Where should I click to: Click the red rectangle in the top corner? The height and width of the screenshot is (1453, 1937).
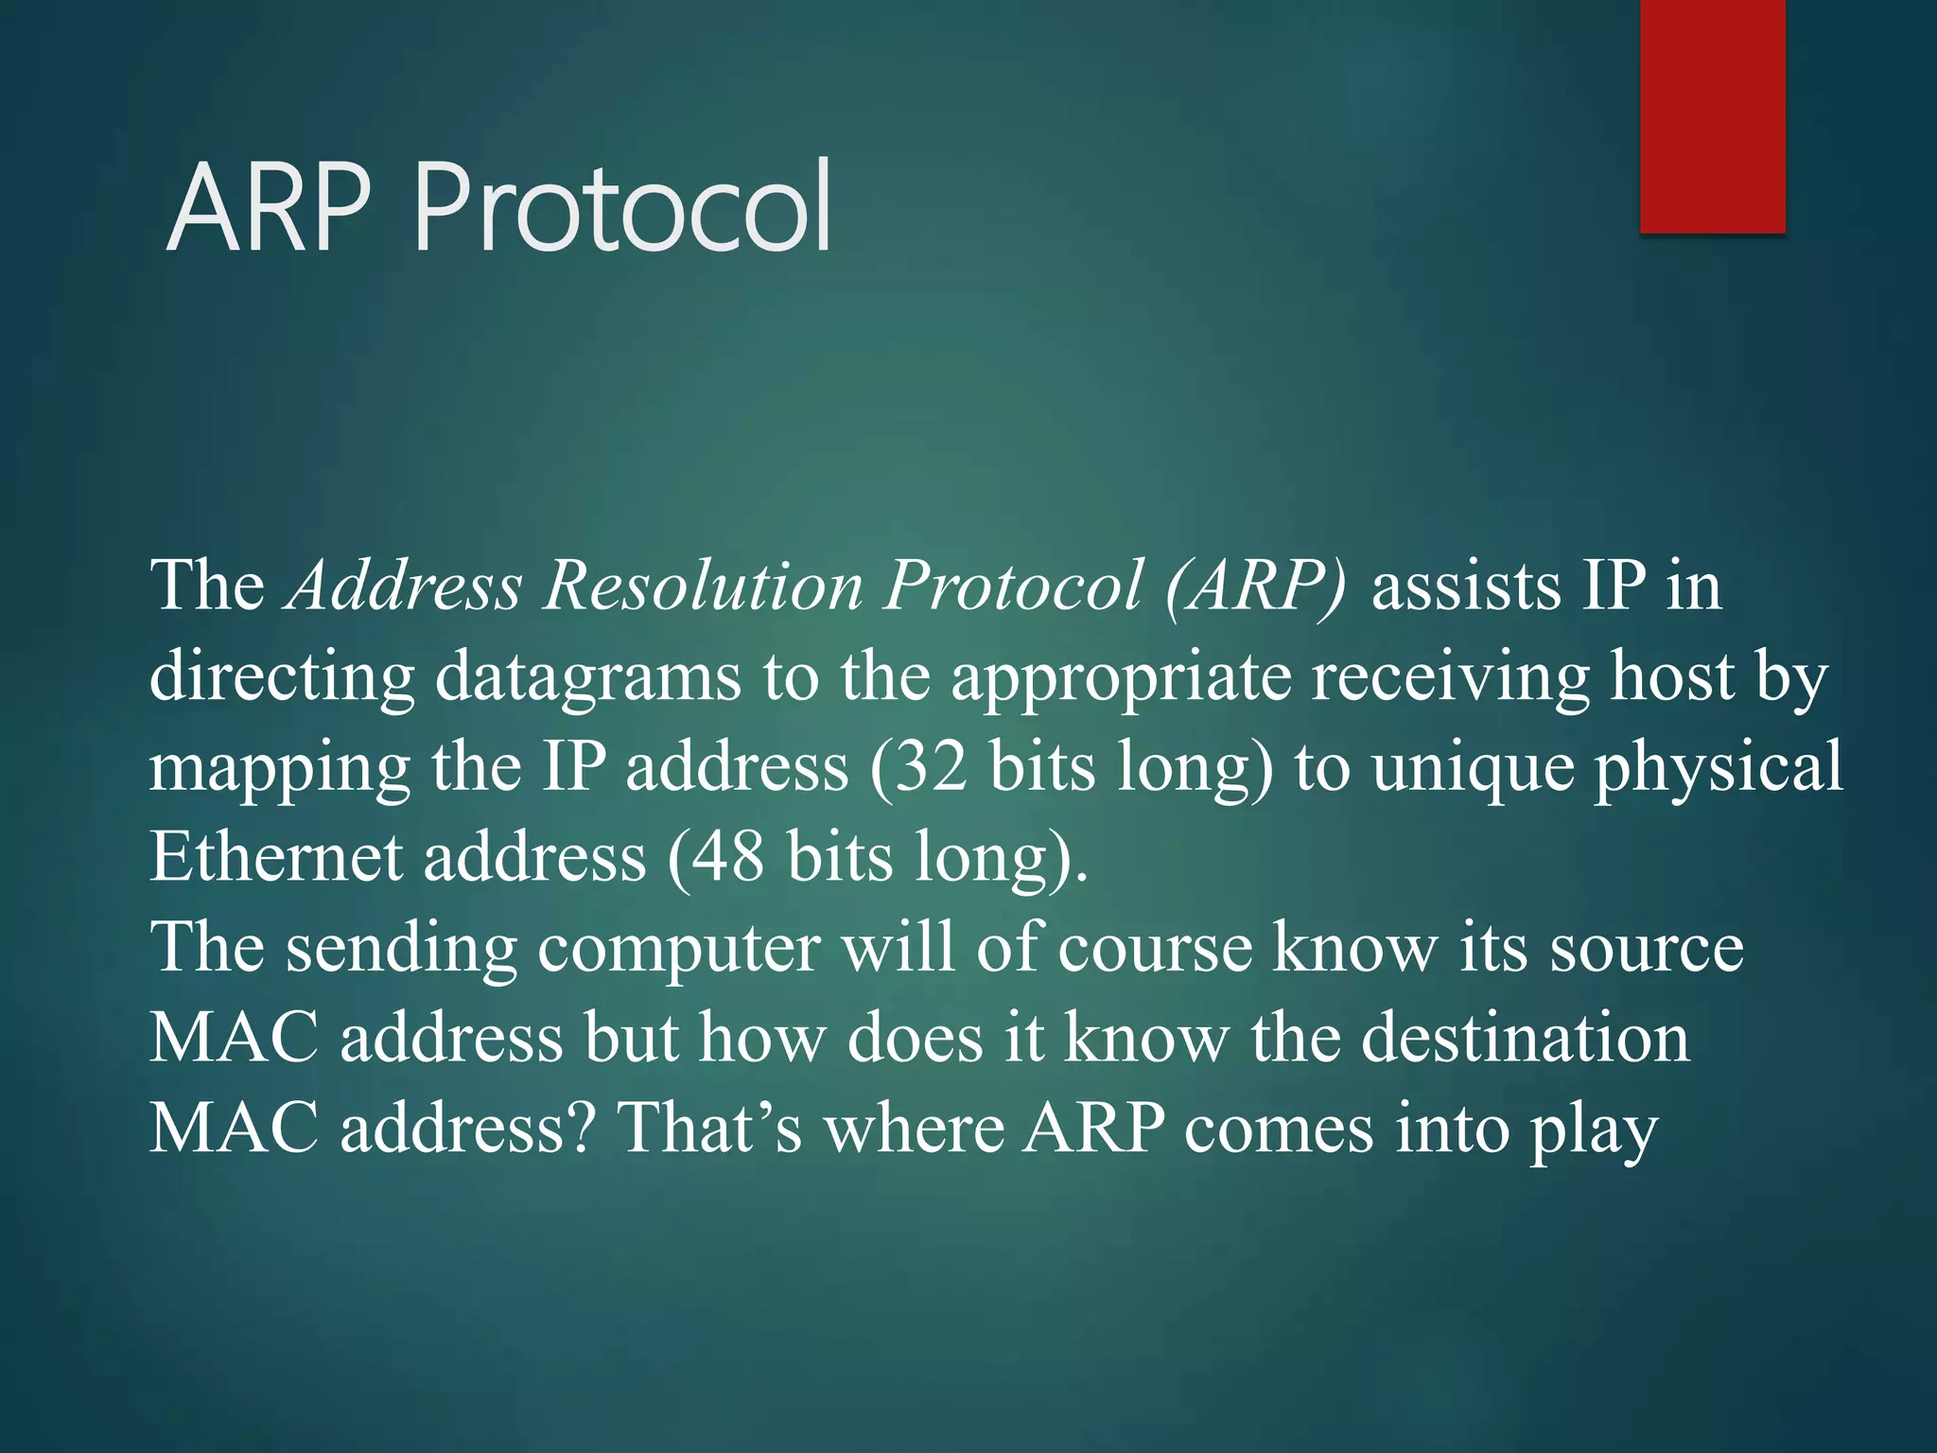tap(1712, 115)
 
